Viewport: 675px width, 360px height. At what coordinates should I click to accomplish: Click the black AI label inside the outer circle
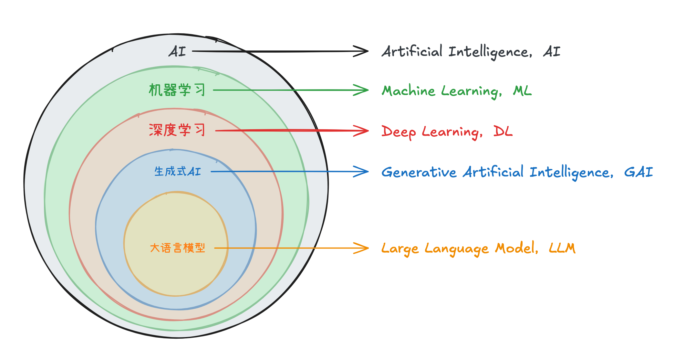click(177, 51)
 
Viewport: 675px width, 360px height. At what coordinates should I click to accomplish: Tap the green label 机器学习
click(177, 90)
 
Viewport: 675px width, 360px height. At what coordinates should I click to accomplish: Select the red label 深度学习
click(177, 130)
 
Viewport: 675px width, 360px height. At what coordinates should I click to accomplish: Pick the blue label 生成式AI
click(178, 172)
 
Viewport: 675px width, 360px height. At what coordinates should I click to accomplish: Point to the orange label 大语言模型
click(178, 248)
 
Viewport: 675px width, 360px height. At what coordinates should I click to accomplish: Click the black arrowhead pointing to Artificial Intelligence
click(361, 51)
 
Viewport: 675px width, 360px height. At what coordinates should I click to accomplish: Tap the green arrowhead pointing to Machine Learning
click(361, 90)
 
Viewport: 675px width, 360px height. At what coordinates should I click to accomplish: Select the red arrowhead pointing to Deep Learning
click(361, 131)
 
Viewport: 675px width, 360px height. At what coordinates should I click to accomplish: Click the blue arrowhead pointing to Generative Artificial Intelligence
click(361, 172)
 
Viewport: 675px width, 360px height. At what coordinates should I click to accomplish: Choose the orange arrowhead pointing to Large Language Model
click(361, 248)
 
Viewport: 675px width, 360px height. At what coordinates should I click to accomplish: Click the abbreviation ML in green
click(522, 91)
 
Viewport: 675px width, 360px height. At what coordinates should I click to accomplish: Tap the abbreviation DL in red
click(503, 131)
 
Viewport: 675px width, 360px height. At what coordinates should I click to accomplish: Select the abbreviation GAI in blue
click(639, 172)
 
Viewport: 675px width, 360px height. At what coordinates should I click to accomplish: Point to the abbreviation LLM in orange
click(562, 248)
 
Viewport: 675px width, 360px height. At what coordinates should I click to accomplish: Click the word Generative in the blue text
click(419, 172)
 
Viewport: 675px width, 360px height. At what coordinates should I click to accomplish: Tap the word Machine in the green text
click(409, 91)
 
